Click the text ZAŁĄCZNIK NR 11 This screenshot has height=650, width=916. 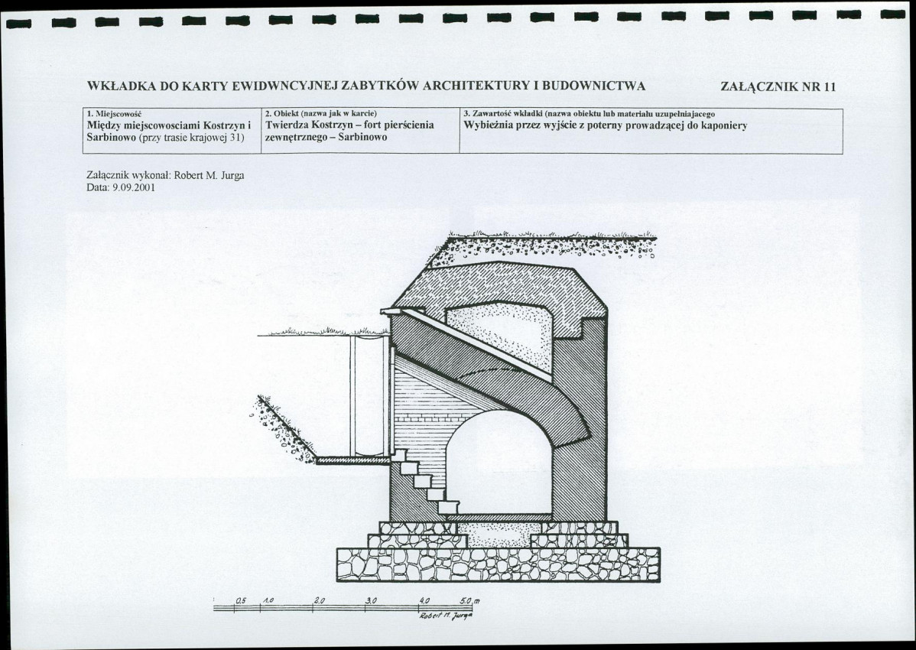coord(778,87)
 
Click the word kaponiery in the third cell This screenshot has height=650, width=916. coord(724,125)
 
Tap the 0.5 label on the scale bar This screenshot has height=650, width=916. coord(241,600)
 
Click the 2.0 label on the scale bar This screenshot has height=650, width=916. coord(319,600)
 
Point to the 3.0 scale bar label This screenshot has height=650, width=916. coord(371,600)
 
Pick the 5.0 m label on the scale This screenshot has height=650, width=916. coord(470,600)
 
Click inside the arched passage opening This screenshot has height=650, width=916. coord(499,461)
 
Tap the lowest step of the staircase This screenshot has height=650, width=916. coord(449,508)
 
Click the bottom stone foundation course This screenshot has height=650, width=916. coord(499,564)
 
